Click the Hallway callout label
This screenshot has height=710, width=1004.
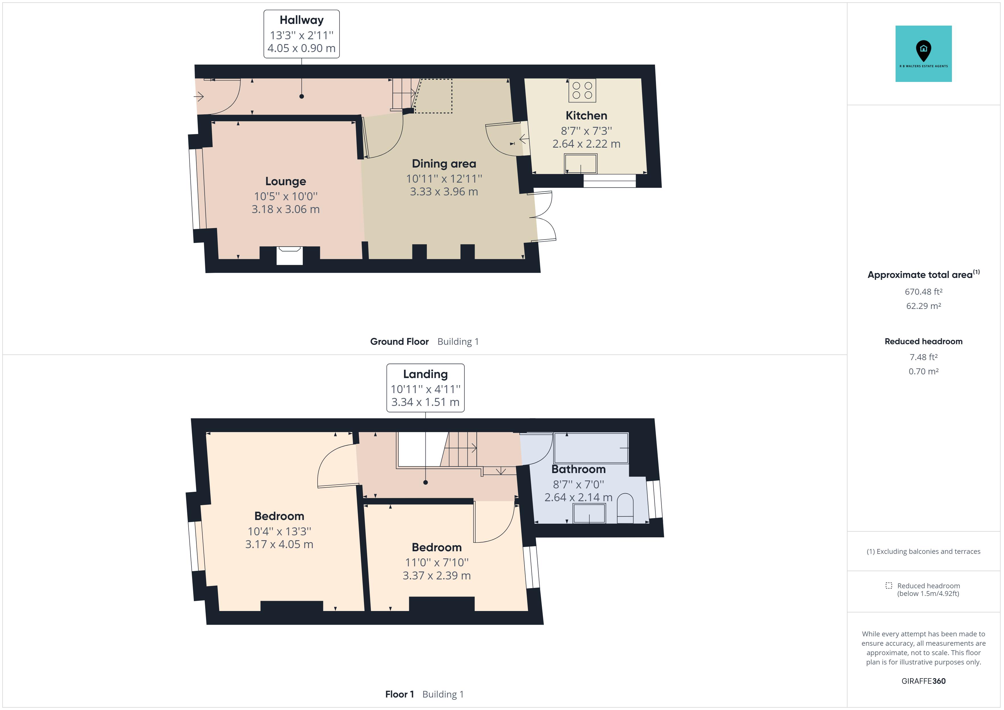tap(301, 34)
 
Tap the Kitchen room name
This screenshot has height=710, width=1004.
tap(587, 115)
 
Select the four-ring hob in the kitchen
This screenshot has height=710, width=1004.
tap(583, 90)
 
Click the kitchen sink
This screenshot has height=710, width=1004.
tap(581, 164)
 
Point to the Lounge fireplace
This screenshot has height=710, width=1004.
tap(289, 256)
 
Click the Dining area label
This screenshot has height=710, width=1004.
tap(444, 164)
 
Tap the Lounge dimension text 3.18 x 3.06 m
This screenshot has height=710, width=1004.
tap(285, 209)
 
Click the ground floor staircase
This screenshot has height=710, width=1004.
tap(404, 94)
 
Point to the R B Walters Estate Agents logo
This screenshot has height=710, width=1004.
tap(923, 54)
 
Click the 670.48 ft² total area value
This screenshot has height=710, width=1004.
tap(923, 292)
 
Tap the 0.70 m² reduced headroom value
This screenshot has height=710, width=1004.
tap(923, 371)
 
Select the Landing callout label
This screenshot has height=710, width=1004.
tap(425, 388)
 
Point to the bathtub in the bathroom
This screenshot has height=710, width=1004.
tap(591, 448)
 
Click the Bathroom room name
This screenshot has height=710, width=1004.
tap(579, 469)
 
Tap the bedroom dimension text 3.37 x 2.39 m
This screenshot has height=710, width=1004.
tap(437, 576)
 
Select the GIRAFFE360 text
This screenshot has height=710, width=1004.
tap(923, 681)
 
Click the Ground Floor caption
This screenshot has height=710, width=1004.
tap(399, 341)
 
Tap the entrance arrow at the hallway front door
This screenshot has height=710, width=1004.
tap(199, 96)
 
